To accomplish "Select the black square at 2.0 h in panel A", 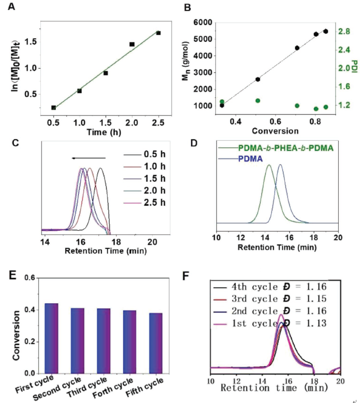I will click(132, 44).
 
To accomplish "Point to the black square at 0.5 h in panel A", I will click(54, 108).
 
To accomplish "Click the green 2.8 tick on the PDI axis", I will click(344, 32).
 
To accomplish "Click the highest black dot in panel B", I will click(325, 32).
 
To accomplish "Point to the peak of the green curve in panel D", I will click(268, 165).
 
